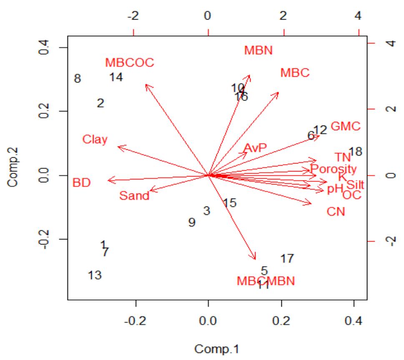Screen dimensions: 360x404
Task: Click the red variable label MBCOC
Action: coord(130,63)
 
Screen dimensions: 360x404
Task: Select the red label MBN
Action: coord(258,51)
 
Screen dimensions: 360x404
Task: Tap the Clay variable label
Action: coord(95,139)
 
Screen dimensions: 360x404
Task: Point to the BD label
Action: coord(81,183)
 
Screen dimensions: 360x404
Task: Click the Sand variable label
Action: coord(134,196)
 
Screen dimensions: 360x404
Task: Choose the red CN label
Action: coord(336,211)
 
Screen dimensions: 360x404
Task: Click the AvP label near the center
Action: coord(255,148)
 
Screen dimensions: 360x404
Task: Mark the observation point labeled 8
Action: coord(77,78)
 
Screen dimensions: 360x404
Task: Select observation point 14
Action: coord(116,78)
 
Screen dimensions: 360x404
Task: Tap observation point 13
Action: coord(95,275)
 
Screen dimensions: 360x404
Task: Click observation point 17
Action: coord(287,259)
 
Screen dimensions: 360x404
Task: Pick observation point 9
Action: coord(192,223)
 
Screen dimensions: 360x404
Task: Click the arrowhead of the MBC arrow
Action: coord(278,93)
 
